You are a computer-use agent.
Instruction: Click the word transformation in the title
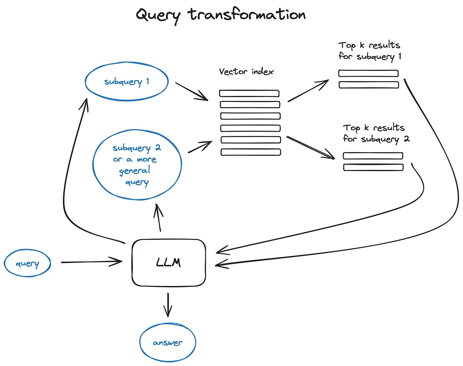[x=247, y=15]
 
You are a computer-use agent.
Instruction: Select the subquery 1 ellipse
[x=127, y=81]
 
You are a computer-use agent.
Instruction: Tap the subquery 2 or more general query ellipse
[x=137, y=164]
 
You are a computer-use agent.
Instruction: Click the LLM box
[x=169, y=263]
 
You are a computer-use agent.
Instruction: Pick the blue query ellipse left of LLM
[x=27, y=263]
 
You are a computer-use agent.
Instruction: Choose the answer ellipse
[x=168, y=343]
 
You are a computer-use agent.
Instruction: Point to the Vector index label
[x=246, y=71]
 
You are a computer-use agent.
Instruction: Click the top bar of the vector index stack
[x=249, y=93]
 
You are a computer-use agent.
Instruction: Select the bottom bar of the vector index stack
[x=251, y=152]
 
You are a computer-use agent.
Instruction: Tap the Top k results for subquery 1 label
[x=369, y=51]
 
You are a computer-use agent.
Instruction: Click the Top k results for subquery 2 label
[x=376, y=133]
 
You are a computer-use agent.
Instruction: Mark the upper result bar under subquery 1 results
[x=368, y=73]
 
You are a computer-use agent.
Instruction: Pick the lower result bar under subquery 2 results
[x=373, y=167]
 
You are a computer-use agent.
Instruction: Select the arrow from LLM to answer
[x=168, y=304]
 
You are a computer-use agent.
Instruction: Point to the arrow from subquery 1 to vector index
[x=191, y=91]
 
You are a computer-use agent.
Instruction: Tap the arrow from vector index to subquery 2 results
[x=310, y=148]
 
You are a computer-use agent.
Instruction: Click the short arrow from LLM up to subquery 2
[x=158, y=217]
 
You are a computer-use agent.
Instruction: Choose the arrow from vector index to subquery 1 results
[x=308, y=90]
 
